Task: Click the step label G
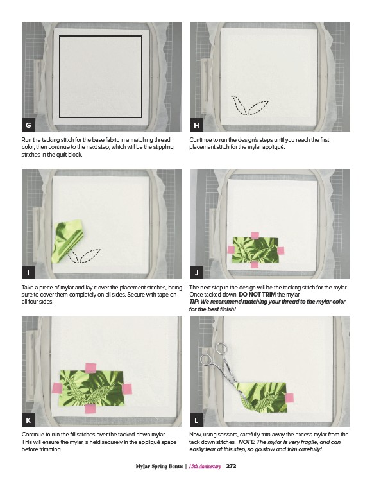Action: [28, 125]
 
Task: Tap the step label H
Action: [196, 125]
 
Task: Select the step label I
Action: [28, 273]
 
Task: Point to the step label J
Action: [196, 273]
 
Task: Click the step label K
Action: [28, 420]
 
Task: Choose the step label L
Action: [196, 420]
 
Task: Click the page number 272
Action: [231, 466]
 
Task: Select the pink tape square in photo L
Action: [289, 398]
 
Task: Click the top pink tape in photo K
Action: [90, 368]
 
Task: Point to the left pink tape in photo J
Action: [231, 249]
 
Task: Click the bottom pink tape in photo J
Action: [255, 264]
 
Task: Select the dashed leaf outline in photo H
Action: [249, 105]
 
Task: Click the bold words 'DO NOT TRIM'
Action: [257, 295]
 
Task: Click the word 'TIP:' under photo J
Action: [194, 302]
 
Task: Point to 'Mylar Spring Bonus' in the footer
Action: [159, 467]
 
